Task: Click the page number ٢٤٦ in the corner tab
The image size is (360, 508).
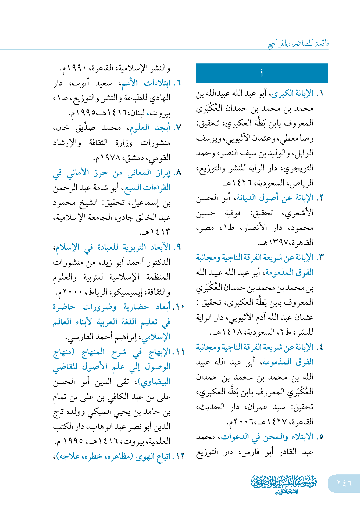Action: click(344, 483)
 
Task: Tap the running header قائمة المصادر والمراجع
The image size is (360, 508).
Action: click(298, 44)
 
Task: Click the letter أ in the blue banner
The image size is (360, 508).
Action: click(262, 73)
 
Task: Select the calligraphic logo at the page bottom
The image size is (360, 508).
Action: click(284, 484)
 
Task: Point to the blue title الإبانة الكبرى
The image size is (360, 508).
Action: click(293, 94)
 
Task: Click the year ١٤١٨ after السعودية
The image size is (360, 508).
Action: click(231, 332)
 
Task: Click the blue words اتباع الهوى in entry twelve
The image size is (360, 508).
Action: click(153, 456)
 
